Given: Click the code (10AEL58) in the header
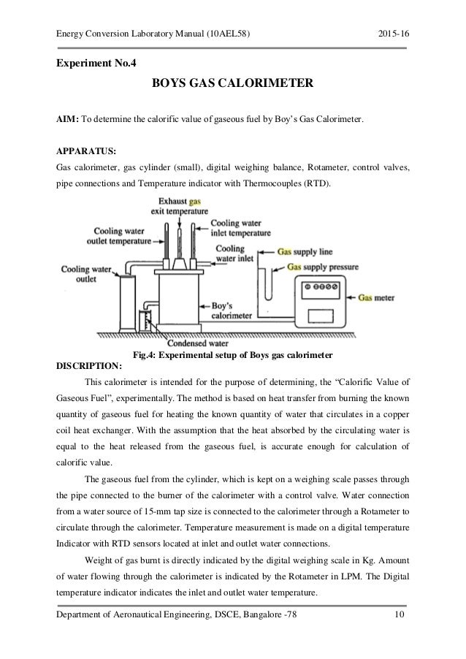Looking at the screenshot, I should point(232,30).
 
